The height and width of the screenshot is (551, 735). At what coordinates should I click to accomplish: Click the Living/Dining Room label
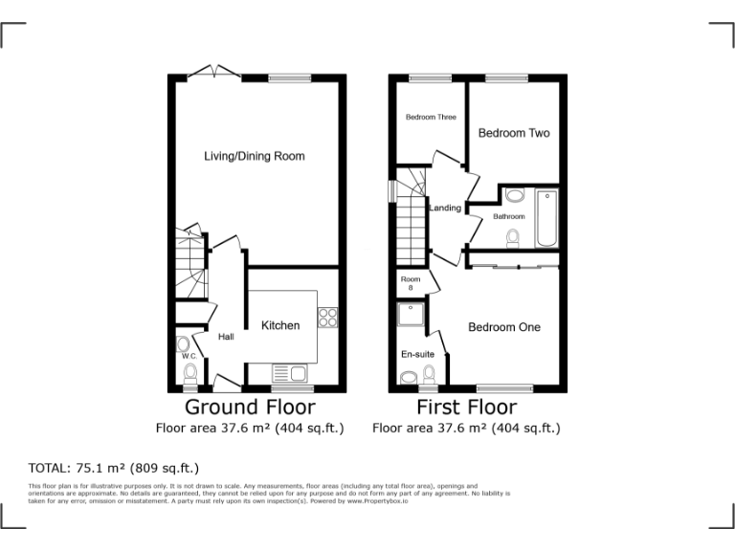255,156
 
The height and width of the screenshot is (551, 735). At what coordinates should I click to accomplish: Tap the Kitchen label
280,325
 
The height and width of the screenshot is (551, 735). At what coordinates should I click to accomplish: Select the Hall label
226,337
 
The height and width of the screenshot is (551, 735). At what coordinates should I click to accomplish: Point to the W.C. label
189,357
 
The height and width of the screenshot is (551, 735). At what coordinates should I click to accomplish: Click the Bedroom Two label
514,133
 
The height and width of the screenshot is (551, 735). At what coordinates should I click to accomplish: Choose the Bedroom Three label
431,117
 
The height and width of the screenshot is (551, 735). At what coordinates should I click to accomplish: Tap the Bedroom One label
503,327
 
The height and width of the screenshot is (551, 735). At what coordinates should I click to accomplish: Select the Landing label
445,208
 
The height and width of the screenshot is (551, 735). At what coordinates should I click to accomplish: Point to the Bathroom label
509,216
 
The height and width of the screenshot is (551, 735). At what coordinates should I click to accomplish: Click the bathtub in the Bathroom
546,218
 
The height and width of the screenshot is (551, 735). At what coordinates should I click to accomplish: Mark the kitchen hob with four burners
328,318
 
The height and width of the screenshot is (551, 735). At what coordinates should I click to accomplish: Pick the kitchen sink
288,373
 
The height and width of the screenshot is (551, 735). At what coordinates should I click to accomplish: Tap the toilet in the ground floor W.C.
189,372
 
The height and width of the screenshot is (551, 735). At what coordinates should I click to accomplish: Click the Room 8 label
411,282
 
